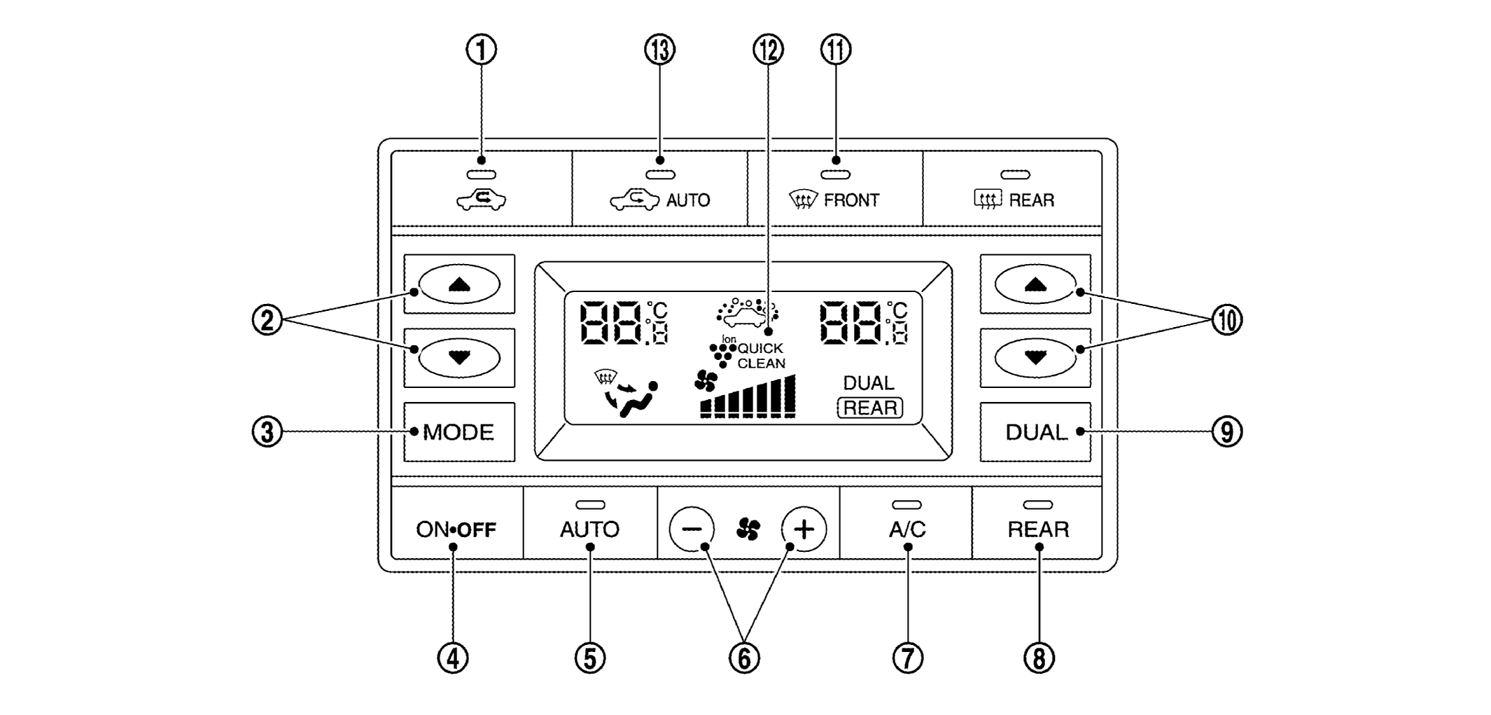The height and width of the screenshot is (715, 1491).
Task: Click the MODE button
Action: [x=458, y=432]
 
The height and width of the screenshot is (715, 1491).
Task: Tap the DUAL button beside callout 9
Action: [x=1035, y=432]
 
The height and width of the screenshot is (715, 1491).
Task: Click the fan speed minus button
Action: [x=692, y=529]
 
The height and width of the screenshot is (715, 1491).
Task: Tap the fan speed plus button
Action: [x=804, y=529]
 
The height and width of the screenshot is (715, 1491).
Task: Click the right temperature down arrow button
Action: [x=1035, y=358]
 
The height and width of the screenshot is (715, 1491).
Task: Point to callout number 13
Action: [x=659, y=50]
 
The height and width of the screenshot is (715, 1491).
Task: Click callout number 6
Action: [x=744, y=658]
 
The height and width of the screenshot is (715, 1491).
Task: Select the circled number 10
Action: [x=1227, y=321]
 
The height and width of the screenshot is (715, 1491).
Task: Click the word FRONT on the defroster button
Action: [x=851, y=200]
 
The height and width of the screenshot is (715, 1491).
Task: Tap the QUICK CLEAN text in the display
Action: [x=761, y=356]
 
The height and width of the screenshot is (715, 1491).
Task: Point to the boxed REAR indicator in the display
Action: [x=870, y=408]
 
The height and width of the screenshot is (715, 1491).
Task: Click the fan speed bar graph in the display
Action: [x=748, y=398]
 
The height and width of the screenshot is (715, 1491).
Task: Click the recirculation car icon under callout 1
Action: [x=481, y=200]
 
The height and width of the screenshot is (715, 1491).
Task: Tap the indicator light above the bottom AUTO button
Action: [x=589, y=504]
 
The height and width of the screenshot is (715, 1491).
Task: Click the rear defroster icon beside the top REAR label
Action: [x=988, y=200]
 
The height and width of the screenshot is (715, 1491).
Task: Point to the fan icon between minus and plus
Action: [x=748, y=529]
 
